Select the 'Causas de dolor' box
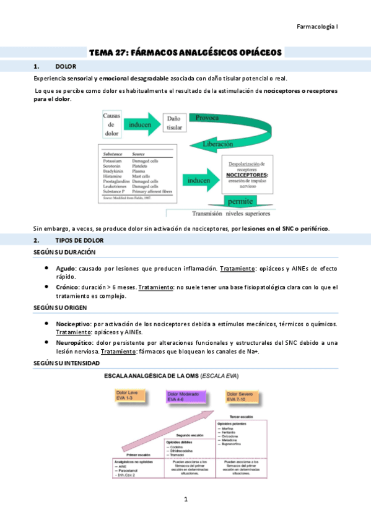pos(111,124)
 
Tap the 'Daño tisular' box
pos(174,123)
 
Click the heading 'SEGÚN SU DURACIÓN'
pos(64,253)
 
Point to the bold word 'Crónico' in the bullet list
pos(66,287)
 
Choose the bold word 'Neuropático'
pos(73,342)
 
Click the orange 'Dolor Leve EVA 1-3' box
pos(129,396)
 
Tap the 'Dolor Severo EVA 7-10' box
pos(243,396)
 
